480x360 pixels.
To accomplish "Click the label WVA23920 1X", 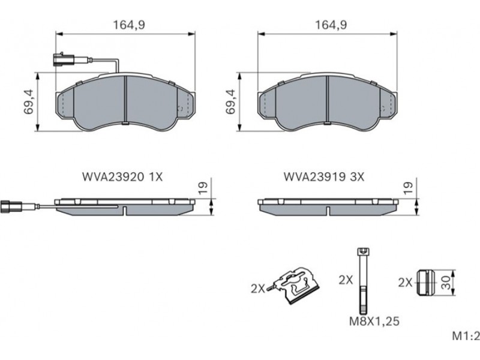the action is coord(122,177).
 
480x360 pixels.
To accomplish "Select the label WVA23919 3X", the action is coord(324,177).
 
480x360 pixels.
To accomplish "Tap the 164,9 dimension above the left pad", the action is coord(129,25).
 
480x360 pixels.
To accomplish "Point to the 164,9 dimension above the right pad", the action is coord(331,25).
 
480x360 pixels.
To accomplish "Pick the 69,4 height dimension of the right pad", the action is coord(231,101).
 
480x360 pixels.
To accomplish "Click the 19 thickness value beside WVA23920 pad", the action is coord(203,188).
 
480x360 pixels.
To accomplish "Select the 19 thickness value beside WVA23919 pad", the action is coord(408,188).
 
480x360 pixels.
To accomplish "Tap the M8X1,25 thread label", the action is coord(374,321).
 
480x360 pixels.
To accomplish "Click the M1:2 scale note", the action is coord(466,336).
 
